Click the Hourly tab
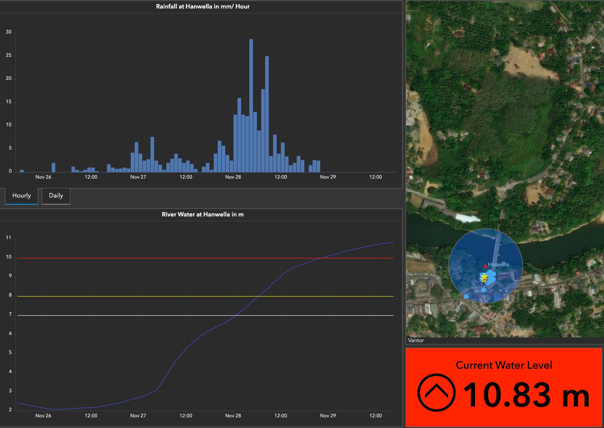(22, 196)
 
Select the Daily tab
(56, 196)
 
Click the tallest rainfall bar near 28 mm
(251, 106)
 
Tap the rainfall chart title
(203, 6)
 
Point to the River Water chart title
(203, 215)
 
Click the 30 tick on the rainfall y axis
(9, 32)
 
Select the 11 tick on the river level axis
(9, 238)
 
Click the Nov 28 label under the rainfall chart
(233, 177)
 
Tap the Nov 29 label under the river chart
(328, 416)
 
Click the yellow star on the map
(484, 278)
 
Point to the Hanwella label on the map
(498, 264)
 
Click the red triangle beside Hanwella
(485, 266)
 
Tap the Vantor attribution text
(416, 340)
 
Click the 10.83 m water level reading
(526, 395)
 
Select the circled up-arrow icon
(436, 393)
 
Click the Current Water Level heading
(504, 365)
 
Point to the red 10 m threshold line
(206, 258)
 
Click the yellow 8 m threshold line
(206, 296)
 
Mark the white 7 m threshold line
(206, 315)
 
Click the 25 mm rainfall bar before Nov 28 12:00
(267, 114)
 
